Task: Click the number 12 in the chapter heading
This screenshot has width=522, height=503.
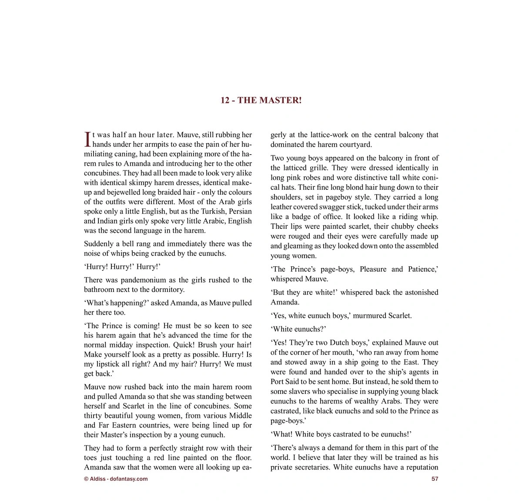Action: click(225, 100)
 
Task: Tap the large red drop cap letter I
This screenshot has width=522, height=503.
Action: click(87, 139)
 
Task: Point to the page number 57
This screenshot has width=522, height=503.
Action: click(435, 479)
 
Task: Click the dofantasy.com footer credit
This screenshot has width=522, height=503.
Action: click(116, 479)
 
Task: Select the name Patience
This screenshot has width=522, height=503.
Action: click(422, 269)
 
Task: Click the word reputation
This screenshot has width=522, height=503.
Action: click(422, 467)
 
